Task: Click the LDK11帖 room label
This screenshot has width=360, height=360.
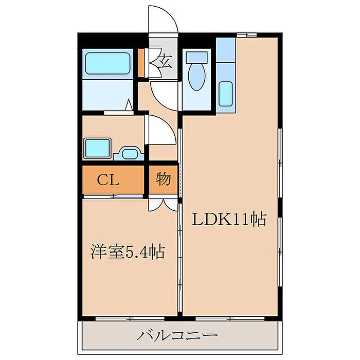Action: pos(229,219)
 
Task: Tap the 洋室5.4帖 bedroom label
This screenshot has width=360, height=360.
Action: pos(128,252)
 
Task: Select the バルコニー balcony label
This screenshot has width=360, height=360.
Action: pos(177,335)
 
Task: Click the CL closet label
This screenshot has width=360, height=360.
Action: pos(108,180)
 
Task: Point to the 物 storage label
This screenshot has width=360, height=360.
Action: pos(164,179)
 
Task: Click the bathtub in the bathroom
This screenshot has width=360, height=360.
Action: pos(107,63)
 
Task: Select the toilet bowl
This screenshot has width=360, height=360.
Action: pos(196,77)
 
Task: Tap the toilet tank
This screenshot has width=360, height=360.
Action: pos(197,58)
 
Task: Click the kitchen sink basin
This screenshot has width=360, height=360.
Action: pos(225,94)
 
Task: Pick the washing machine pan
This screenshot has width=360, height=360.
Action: pos(97,148)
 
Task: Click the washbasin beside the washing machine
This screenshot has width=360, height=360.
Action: pos(130,154)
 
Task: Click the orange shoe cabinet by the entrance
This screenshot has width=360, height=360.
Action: pos(141,63)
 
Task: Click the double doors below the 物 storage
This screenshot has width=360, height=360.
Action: pos(163,203)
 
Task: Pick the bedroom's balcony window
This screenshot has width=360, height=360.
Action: pos(130,318)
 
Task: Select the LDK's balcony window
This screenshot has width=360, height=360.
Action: pos(230,318)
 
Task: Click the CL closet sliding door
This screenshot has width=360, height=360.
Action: pos(113,196)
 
